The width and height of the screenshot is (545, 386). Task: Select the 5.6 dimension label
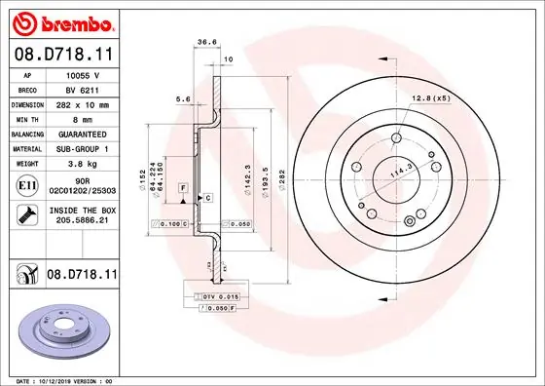181,98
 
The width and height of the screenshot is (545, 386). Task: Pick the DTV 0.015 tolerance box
220,295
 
